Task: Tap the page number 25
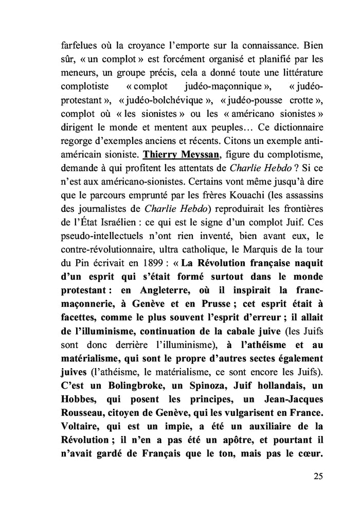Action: (318, 475)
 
